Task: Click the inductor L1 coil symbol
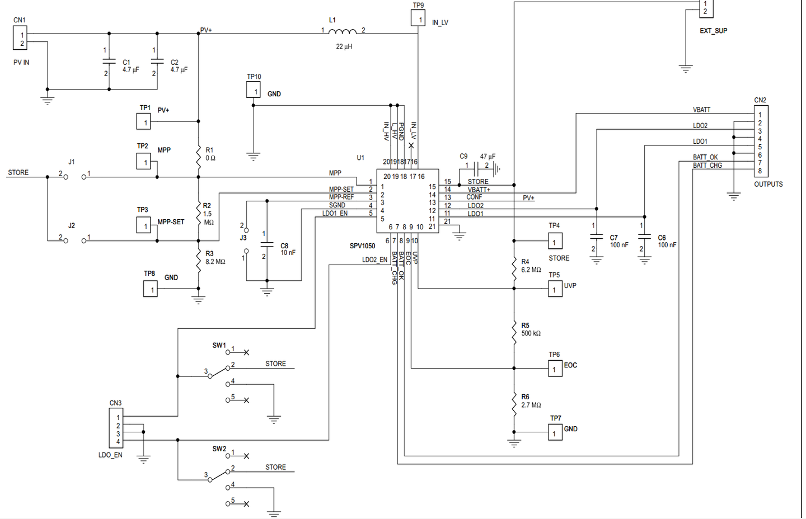click(343, 31)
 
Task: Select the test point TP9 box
click(418, 18)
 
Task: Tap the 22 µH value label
click(344, 46)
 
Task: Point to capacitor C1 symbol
click(109, 62)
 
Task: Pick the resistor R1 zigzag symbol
click(199, 157)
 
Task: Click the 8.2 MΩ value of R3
click(215, 262)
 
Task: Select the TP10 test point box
click(254, 90)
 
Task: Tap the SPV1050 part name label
click(362, 246)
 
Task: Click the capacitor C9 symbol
click(476, 168)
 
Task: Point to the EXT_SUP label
click(713, 31)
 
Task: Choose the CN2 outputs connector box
click(761, 141)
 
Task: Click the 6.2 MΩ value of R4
click(531, 270)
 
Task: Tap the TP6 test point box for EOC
click(555, 369)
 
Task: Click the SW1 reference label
click(219, 345)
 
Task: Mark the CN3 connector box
click(116, 428)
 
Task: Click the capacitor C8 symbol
click(267, 244)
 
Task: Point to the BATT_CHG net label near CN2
click(707, 166)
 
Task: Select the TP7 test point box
click(555, 432)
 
